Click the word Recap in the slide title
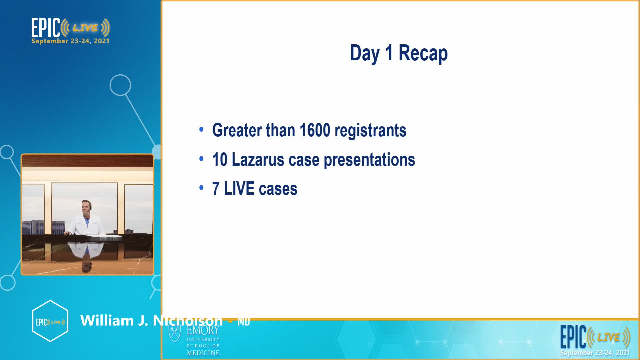click(x=423, y=53)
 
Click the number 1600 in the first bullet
click(x=315, y=130)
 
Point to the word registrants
click(x=370, y=130)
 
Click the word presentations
click(x=369, y=160)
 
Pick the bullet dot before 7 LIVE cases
click(x=201, y=188)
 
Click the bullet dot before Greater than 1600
click(x=201, y=129)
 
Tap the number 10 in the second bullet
click(x=220, y=159)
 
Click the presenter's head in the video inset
click(x=86, y=207)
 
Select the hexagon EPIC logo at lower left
click(x=50, y=321)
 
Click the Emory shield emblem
click(x=175, y=334)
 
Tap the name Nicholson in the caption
click(x=188, y=321)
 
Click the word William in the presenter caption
click(x=107, y=321)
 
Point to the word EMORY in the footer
click(x=203, y=330)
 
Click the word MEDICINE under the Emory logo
click(x=203, y=353)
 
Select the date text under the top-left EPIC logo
click(x=70, y=41)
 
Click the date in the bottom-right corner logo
click(x=595, y=353)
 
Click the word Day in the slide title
click(x=365, y=53)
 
